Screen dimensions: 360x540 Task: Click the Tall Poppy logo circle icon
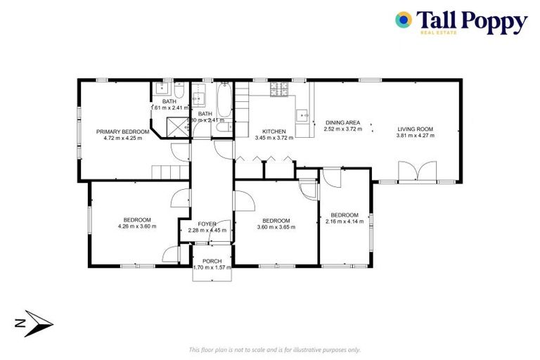[404, 20]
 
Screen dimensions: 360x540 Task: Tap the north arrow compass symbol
[36, 323]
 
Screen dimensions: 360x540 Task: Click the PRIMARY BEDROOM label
[123, 131]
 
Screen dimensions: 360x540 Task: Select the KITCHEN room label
[274, 131]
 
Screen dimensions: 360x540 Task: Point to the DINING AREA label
[342, 122]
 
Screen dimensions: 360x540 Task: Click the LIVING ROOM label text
[415, 129]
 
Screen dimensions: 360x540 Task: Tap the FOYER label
[207, 224]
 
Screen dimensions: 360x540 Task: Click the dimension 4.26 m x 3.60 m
[136, 226]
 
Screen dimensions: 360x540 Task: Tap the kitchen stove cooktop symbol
[278, 91]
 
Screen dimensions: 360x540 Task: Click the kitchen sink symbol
[303, 115]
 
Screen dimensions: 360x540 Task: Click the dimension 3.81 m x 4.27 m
[415, 136]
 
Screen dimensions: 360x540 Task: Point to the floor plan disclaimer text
[274, 349]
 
